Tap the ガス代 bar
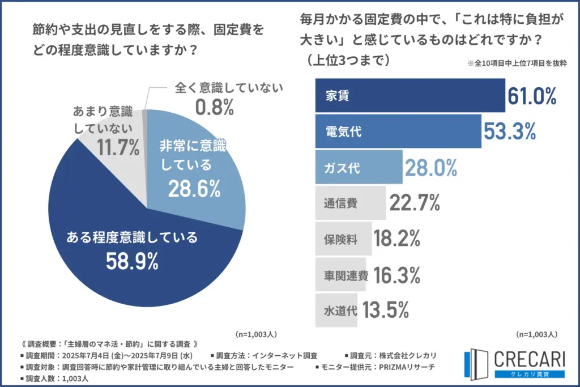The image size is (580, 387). pyautogui.click(x=358, y=168)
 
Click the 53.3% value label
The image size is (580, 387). pyautogui.click(x=509, y=132)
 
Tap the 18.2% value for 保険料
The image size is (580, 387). pyautogui.click(x=396, y=239)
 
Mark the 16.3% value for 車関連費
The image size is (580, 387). pyautogui.click(x=396, y=275)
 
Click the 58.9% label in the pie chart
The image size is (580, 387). pyautogui.click(x=132, y=261)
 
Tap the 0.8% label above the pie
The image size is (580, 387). pyautogui.click(x=215, y=107)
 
